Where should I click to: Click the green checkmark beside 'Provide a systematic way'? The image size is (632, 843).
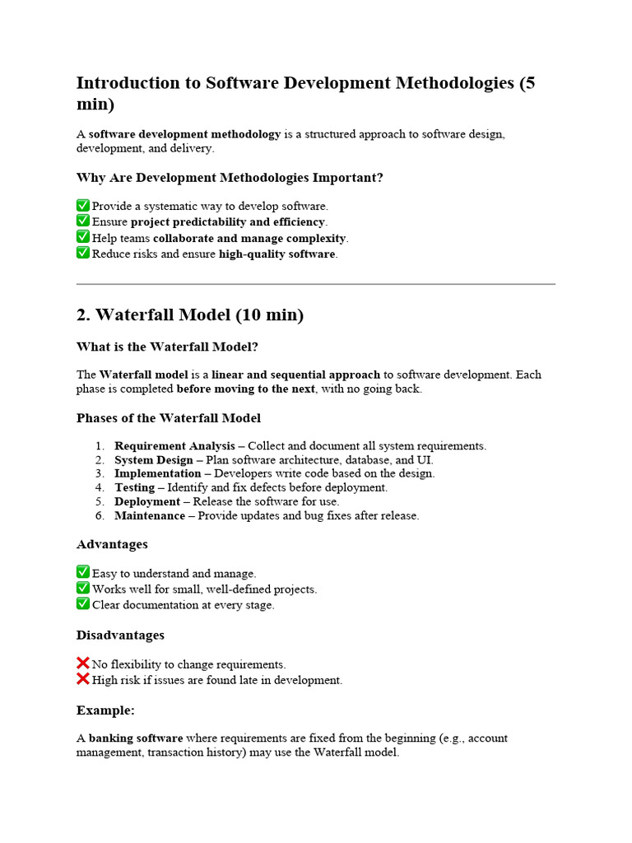tap(83, 205)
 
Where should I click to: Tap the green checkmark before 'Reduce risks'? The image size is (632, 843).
tap(83, 253)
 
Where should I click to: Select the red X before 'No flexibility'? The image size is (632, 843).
tap(83, 664)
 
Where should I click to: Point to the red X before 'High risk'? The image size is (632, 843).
tap(83, 679)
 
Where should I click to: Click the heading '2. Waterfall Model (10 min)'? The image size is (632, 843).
tap(190, 315)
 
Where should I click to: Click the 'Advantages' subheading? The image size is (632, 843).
tap(112, 544)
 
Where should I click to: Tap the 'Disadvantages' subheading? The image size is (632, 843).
tap(120, 635)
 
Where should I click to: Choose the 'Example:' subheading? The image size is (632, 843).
tap(105, 710)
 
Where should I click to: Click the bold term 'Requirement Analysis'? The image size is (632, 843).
tap(174, 445)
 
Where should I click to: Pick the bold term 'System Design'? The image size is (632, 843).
tap(153, 459)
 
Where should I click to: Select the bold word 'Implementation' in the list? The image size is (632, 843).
tap(157, 473)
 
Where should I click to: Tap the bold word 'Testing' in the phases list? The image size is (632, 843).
tap(134, 487)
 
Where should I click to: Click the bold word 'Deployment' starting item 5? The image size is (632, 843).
tap(147, 501)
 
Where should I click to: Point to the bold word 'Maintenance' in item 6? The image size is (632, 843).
tap(150, 515)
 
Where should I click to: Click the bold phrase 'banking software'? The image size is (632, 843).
tap(136, 738)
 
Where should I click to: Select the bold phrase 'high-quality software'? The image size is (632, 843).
tap(276, 254)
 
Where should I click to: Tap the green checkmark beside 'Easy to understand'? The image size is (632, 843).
tap(83, 572)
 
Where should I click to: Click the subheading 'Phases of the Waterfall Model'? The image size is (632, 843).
tap(169, 417)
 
